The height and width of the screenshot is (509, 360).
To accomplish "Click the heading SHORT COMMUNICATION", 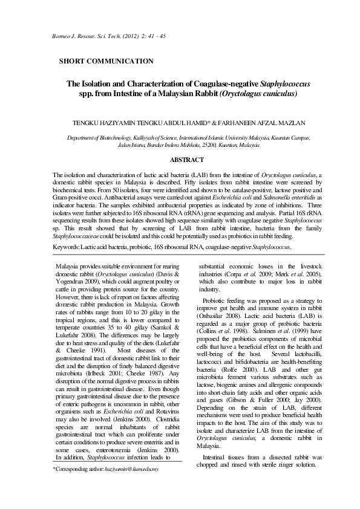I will pos(106,61).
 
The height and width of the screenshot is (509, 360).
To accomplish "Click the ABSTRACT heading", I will pos(187,160).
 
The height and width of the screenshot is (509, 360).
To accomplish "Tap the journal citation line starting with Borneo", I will pos(101,37).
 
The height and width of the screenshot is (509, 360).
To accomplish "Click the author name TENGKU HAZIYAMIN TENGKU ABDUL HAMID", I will pos(140,123).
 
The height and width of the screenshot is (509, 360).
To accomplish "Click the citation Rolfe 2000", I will pos(244,385).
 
